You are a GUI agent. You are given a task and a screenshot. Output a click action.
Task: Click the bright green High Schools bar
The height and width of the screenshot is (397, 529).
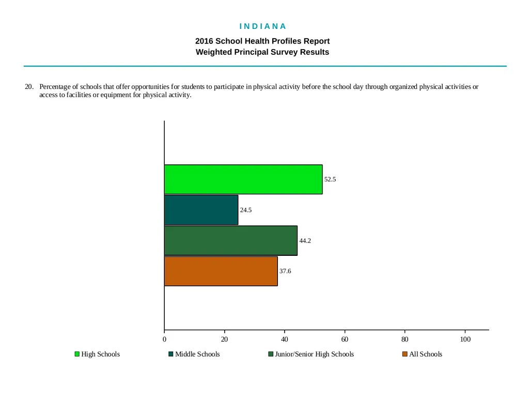point(243,179)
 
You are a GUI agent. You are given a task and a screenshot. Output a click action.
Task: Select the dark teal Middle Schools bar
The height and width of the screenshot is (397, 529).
point(201,210)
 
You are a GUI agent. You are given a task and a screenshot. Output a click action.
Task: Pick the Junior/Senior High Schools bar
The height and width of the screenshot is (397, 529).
point(231,241)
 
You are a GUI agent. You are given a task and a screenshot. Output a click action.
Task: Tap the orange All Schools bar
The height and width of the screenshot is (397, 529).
point(221,271)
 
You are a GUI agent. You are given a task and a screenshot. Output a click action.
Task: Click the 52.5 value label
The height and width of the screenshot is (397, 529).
point(330,179)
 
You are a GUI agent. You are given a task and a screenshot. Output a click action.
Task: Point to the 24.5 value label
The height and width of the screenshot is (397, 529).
point(245,210)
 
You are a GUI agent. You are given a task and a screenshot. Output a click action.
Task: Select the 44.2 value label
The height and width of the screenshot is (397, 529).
point(305,241)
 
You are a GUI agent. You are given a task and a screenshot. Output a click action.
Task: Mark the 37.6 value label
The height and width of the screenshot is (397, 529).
point(285,271)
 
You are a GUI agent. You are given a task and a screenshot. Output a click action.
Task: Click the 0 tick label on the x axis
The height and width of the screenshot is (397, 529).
point(164,339)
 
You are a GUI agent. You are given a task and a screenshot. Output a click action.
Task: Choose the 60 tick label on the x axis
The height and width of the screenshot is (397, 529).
point(345,339)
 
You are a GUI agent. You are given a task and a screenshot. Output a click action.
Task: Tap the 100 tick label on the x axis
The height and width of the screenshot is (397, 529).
point(465,339)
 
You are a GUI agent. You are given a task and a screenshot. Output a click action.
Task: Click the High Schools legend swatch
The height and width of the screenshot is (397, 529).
point(77,354)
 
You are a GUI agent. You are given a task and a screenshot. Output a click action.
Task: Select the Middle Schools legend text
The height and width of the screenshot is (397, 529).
point(197,354)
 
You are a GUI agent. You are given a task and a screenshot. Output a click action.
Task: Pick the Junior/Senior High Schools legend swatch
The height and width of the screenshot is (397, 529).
point(271,354)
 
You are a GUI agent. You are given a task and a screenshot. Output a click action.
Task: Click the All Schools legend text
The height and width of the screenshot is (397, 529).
point(426,354)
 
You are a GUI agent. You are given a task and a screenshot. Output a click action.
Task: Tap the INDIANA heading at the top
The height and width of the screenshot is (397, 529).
point(263,26)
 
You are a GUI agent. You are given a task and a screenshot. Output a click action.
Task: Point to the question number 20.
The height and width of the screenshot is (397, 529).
point(29,87)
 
